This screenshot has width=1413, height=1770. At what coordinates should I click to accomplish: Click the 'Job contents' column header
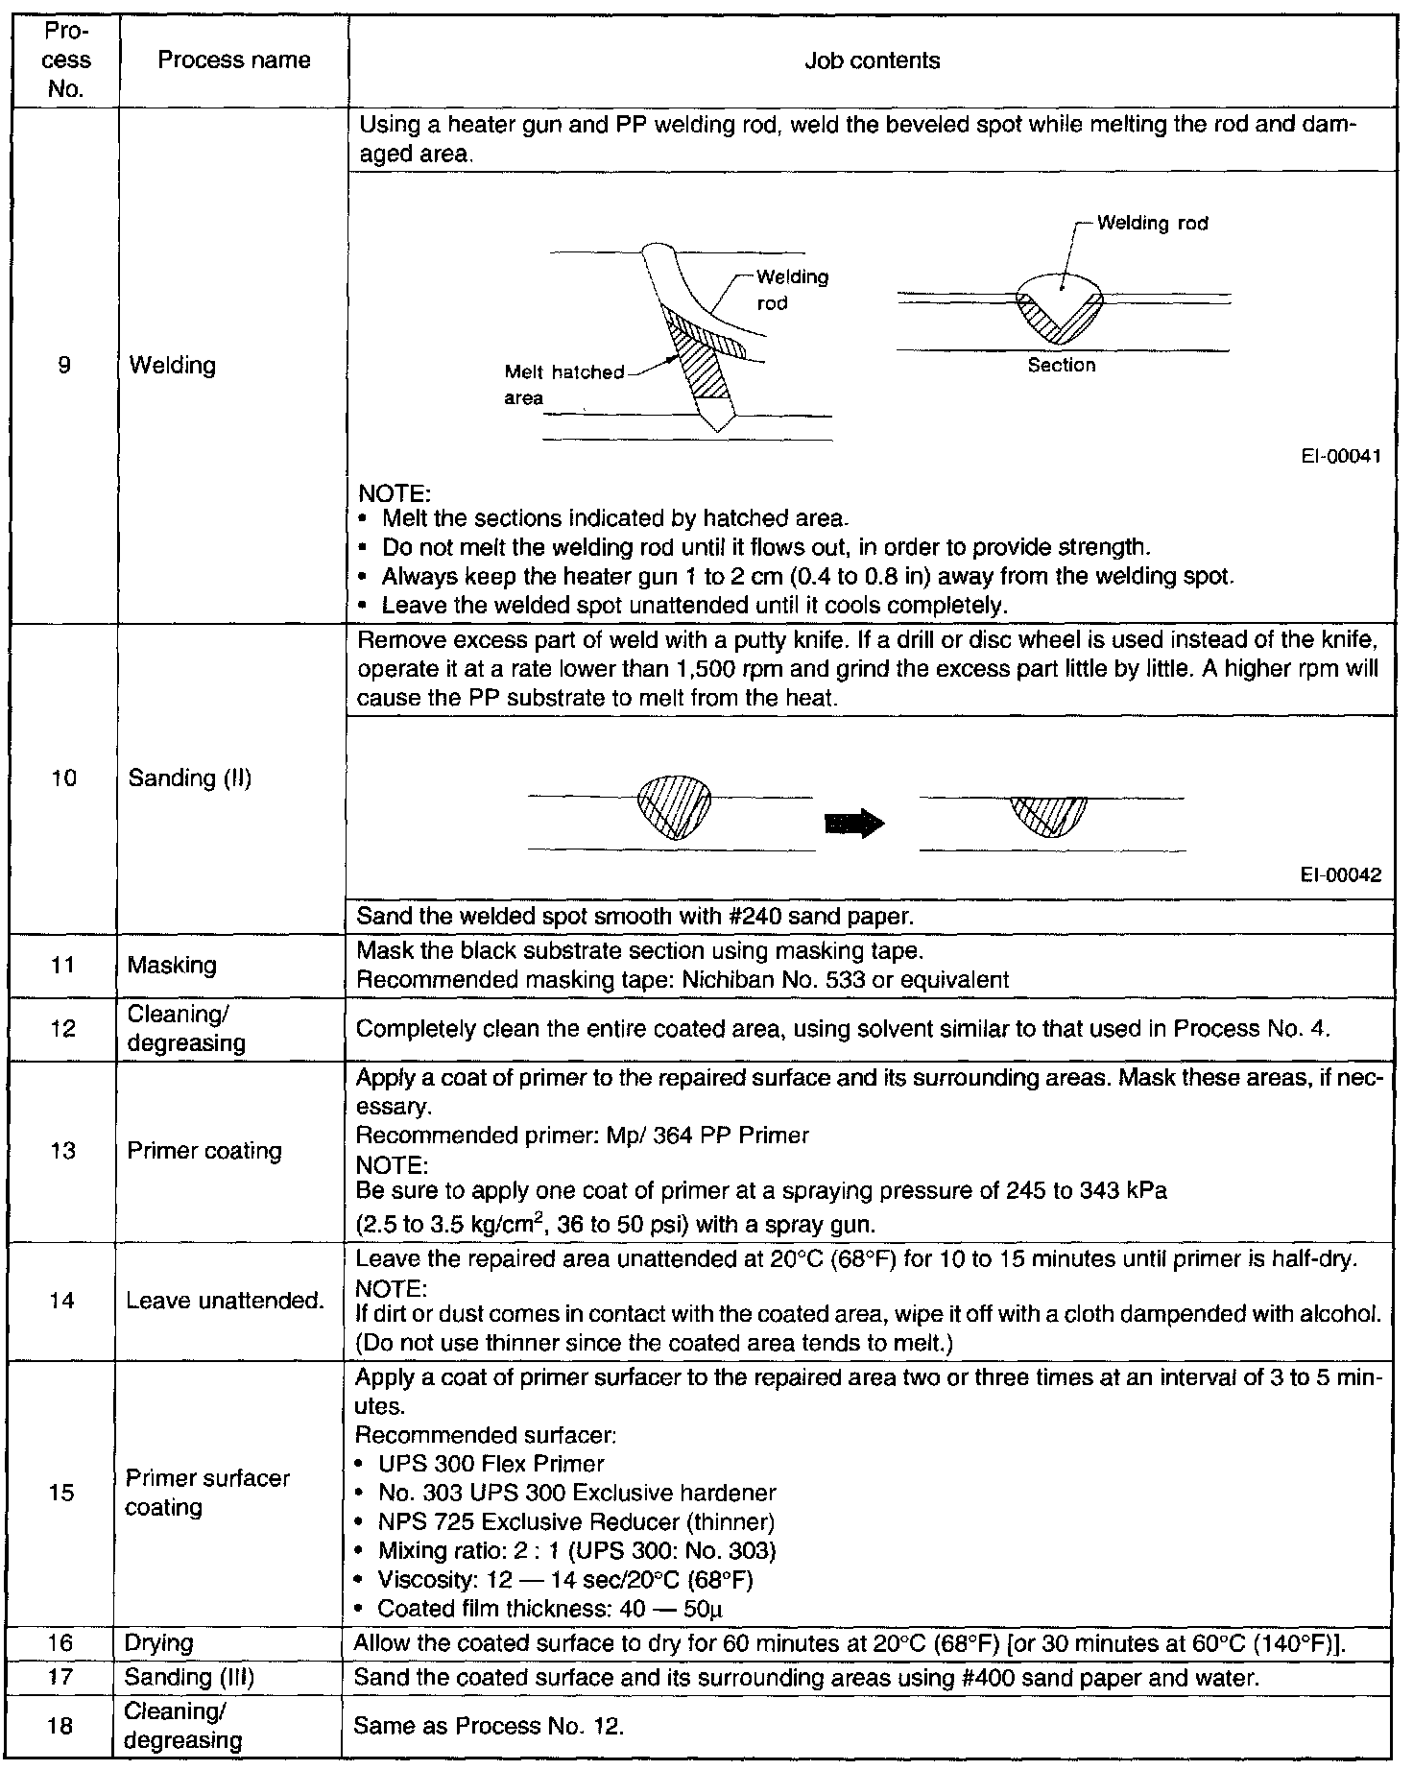872,60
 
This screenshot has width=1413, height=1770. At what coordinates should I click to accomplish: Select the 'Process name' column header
233,60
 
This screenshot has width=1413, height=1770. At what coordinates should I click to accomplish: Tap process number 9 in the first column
63,365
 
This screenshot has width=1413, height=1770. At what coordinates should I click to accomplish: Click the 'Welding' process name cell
172,365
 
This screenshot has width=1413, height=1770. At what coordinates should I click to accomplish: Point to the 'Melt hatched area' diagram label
563,385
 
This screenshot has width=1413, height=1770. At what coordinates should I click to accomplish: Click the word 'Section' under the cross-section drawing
1061,365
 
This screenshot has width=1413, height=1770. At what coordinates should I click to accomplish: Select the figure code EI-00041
1341,457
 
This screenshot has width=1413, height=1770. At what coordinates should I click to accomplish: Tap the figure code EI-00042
1341,874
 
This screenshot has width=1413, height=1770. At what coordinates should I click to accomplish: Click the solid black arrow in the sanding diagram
854,824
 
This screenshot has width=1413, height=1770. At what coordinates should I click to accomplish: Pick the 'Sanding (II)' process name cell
189,777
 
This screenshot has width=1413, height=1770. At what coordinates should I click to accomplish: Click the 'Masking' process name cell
172,965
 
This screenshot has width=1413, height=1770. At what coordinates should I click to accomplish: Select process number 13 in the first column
62,1150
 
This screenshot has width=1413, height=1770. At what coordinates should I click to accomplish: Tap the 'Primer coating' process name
204,1150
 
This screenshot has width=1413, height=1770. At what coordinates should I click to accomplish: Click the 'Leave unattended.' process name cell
226,1301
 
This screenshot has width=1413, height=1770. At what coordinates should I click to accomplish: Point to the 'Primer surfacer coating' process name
206,1493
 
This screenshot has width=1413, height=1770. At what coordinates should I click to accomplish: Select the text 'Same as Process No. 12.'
489,1726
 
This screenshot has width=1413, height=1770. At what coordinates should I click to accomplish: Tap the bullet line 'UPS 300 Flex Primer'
491,1464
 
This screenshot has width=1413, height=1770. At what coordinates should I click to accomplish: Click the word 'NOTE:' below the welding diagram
394,493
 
